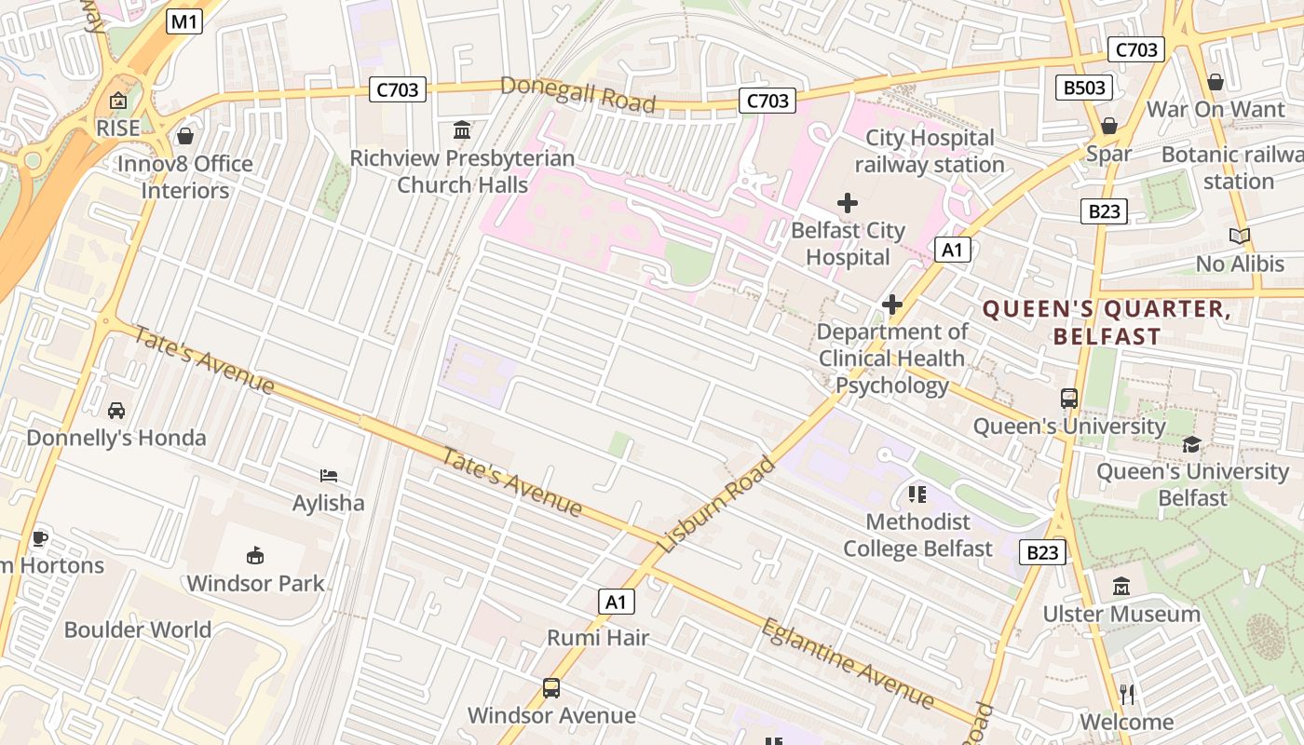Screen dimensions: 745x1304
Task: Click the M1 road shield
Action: [x=184, y=22]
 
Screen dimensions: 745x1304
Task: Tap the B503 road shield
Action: [x=1085, y=88]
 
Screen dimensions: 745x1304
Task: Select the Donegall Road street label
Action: [x=577, y=94]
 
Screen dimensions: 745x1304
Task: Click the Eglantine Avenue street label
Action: [x=848, y=662]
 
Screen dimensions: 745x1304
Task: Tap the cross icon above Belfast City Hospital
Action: [x=848, y=202]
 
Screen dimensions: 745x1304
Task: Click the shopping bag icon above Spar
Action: [x=1108, y=126]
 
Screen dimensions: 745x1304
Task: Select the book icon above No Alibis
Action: [x=1239, y=237]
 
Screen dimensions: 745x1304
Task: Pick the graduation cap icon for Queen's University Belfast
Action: [x=1191, y=444]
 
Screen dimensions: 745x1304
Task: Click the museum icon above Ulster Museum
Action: [x=1121, y=587]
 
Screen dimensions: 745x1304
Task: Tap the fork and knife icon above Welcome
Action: [x=1127, y=694]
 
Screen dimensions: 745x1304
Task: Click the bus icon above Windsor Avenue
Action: [x=551, y=688]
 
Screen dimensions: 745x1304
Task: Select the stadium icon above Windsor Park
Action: [x=254, y=556]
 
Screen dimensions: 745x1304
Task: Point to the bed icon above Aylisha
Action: [x=329, y=476]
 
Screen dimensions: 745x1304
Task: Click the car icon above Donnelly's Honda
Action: [x=116, y=410]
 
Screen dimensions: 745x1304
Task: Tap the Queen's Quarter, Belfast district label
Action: [x=1107, y=322]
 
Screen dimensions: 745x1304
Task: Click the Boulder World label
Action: [x=138, y=630]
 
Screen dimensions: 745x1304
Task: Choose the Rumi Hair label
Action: [x=598, y=638]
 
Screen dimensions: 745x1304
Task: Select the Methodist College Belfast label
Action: [x=917, y=535]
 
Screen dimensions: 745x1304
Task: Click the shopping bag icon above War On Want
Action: [x=1215, y=82]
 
